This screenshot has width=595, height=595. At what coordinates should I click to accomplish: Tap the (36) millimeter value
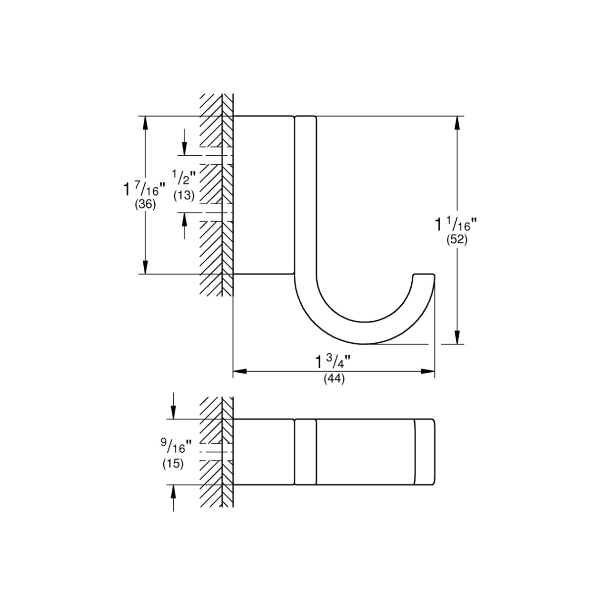tap(145, 205)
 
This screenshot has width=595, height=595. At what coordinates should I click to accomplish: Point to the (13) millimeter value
tap(184, 195)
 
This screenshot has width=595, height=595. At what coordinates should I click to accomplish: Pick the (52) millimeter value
tap(457, 240)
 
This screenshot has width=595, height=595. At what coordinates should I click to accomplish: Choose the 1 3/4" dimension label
tap(333, 361)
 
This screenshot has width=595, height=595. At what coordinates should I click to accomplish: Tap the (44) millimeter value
tap(334, 379)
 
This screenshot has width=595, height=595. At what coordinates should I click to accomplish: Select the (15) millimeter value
tap(173, 464)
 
